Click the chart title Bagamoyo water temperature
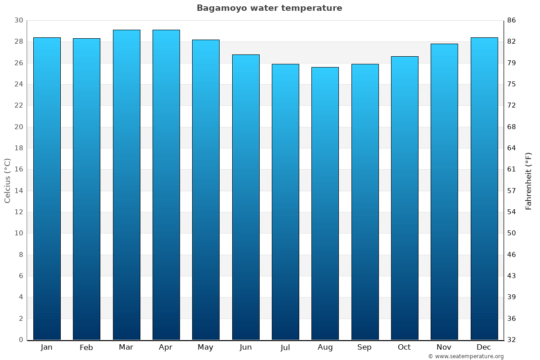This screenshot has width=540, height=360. (269, 8)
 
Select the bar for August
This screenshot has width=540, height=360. (325, 203)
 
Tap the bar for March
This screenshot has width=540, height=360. (126, 184)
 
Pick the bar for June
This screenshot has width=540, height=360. (246, 197)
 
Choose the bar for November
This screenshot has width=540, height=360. (444, 192)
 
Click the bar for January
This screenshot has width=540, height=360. (47, 189)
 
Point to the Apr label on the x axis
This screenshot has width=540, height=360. (166, 347)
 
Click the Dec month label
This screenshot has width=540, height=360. (484, 347)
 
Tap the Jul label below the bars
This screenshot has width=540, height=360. (285, 347)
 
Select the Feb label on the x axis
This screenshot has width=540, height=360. (86, 347)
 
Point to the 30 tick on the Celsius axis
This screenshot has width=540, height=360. (18, 20)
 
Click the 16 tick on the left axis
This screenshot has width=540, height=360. (18, 170)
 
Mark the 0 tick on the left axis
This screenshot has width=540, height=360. (21, 340)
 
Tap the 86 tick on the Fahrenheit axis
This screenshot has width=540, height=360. (512, 20)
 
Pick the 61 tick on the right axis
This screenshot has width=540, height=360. (512, 170)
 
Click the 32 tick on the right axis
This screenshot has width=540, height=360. (512, 340)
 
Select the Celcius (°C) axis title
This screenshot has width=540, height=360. (7, 180)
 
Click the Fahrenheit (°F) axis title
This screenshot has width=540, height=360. (529, 180)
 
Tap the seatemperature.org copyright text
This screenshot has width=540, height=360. (466, 356)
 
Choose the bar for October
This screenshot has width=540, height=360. (405, 198)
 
